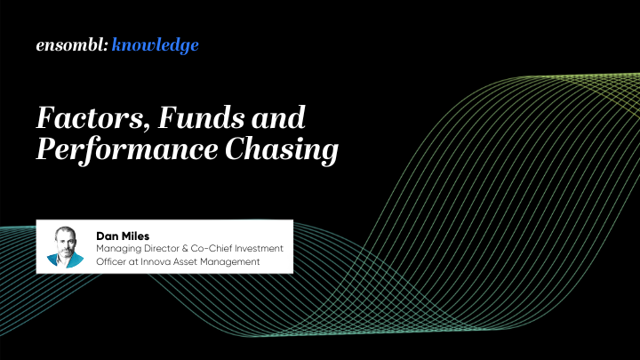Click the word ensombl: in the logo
point(72,44)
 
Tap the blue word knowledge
point(156,45)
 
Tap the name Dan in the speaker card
point(108,235)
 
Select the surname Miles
point(134,235)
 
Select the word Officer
point(113,261)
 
